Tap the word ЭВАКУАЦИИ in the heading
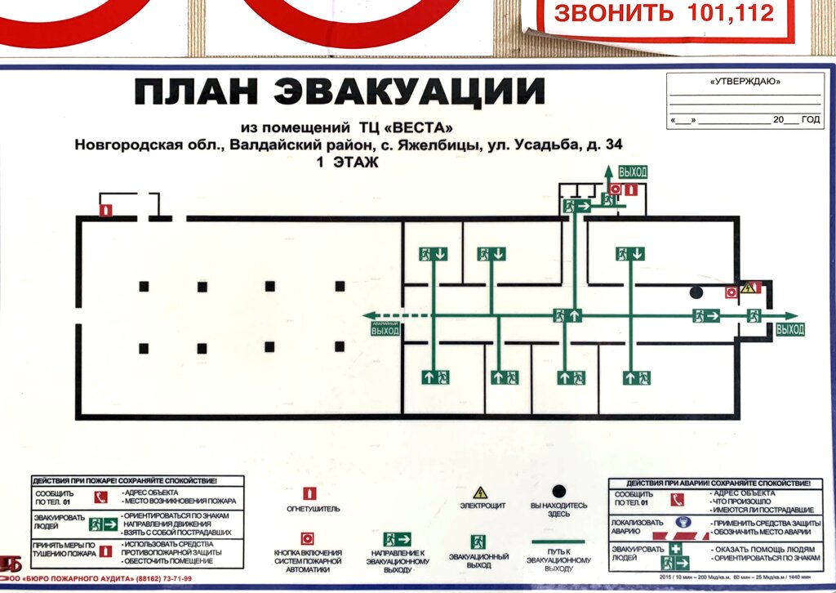click(409, 92)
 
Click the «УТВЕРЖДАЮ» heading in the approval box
click(744, 82)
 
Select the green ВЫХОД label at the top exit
click(633, 172)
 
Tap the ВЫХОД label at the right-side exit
click(789, 330)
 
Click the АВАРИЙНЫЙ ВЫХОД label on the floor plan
click(385, 329)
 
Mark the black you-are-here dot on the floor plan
click(696, 292)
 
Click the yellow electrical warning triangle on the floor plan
click(747, 288)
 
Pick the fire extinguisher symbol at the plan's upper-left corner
click(104, 210)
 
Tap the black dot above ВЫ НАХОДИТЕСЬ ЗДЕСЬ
click(558, 491)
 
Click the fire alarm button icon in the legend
click(309, 538)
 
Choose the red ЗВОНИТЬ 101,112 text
click(663, 14)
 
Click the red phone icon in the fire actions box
click(102, 497)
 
